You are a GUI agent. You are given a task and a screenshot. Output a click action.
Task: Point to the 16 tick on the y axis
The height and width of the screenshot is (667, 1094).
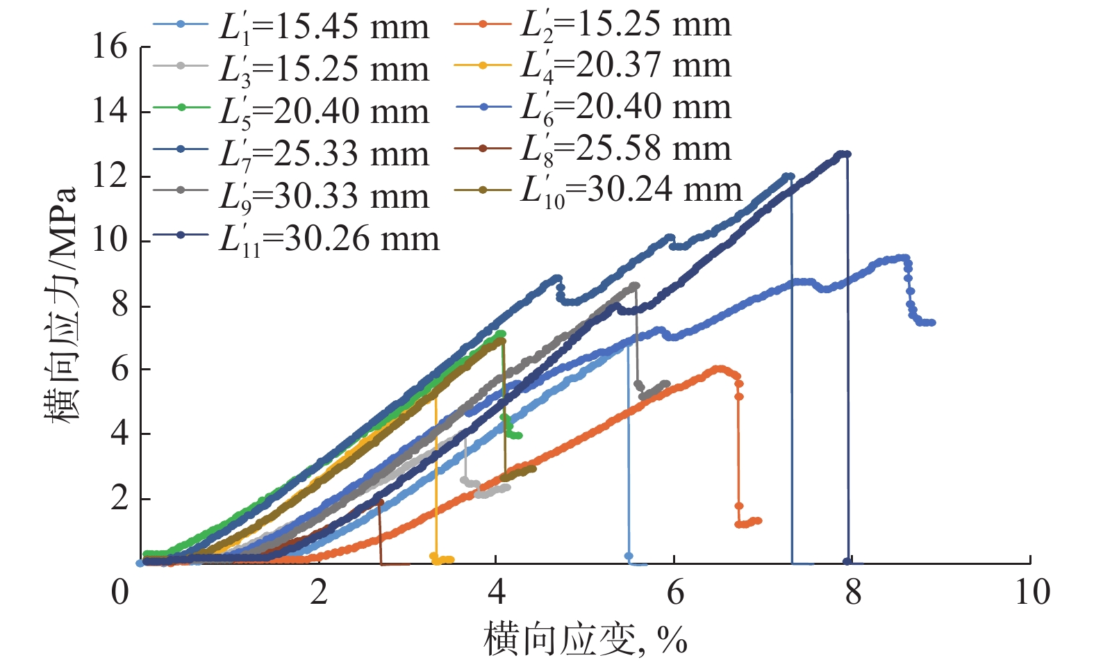pos(110,47)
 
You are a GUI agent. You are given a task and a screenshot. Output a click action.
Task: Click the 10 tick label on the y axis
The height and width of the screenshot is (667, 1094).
pos(110,240)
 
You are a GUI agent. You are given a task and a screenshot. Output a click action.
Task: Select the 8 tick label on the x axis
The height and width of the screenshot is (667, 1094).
pos(852,593)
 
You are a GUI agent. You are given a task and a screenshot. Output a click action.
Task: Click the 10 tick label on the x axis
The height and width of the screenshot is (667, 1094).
pos(1031,593)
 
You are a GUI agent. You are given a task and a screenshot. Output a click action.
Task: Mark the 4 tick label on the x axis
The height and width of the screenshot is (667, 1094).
pos(496,593)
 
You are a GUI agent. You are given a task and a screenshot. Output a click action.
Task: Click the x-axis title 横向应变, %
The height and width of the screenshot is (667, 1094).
pos(585,639)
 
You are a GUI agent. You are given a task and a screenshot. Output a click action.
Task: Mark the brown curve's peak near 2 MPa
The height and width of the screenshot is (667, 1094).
pos(379,502)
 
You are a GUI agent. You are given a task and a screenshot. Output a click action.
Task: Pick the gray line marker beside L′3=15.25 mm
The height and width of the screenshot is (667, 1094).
pos(181,66)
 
